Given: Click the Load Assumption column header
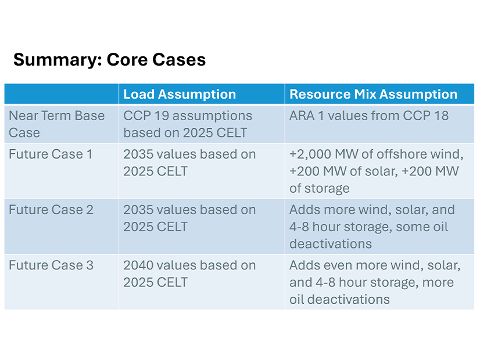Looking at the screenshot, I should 180,95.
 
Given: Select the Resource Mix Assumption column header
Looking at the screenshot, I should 373,95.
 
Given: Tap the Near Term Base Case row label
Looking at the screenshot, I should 56,124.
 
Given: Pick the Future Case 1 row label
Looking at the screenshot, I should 51,154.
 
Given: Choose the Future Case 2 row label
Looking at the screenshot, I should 51,210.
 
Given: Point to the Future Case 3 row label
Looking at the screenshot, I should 51,265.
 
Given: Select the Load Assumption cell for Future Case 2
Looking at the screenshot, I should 189,218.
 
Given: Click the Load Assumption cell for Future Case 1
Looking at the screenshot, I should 189,163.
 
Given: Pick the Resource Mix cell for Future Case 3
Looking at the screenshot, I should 375,282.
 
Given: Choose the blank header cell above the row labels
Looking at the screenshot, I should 62,94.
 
